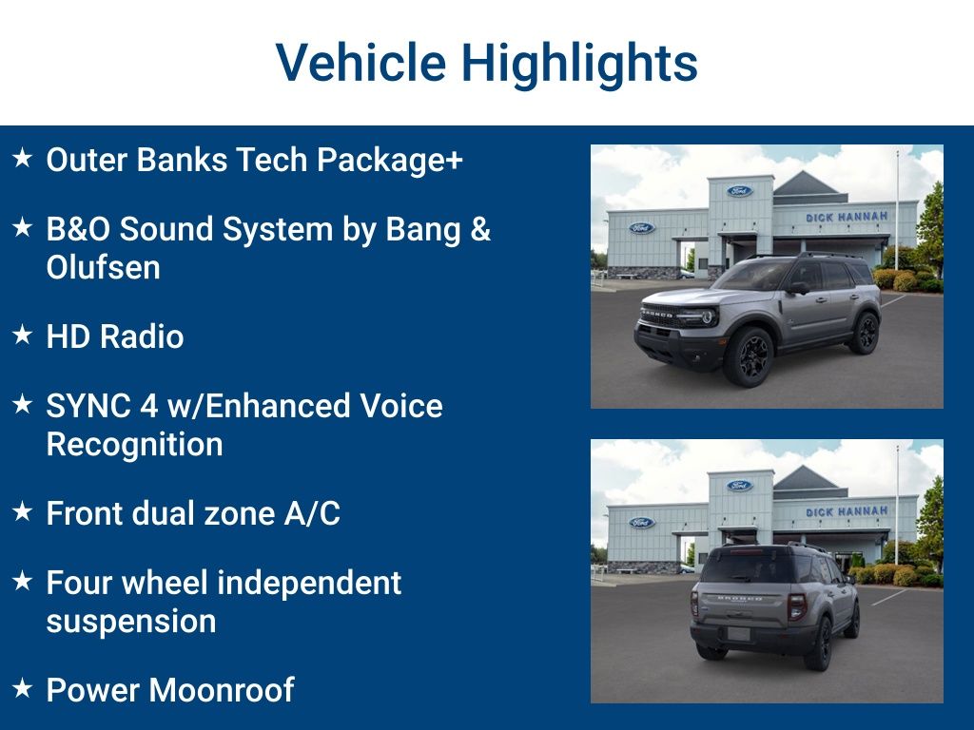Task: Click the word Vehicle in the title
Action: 360,63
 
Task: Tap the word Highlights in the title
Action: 579,65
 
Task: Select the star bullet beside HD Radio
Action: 23,336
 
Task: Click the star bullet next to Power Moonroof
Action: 23,688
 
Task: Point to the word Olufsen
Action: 103,268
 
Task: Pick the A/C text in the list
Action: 311,513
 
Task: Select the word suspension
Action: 131,622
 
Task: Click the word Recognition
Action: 134,445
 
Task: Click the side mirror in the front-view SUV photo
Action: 797,287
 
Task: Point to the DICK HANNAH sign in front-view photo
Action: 846,218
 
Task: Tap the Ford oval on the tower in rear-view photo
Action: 739,486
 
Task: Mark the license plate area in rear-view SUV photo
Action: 739,634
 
